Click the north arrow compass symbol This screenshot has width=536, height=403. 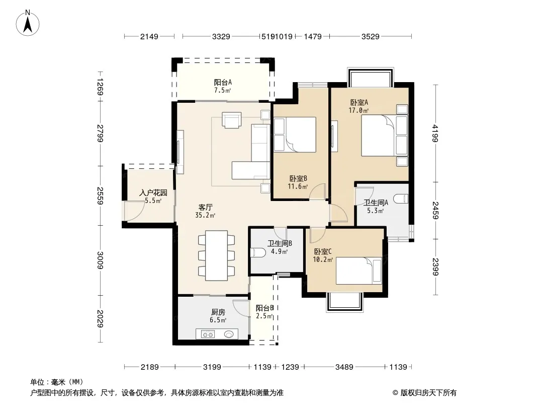tap(28, 23)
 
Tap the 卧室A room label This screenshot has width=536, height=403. tap(359, 102)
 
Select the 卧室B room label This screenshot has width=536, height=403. tap(298, 178)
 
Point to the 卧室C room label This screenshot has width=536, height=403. tap(323, 252)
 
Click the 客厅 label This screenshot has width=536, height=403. tap(206, 207)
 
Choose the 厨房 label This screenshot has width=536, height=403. tap(218, 312)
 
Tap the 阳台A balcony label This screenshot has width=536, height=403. tap(223, 82)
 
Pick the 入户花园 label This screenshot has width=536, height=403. tap(153, 193)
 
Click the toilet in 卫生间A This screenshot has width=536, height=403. tap(401, 198)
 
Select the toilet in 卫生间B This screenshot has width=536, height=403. tap(258, 253)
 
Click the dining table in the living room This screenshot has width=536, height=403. tap(216, 255)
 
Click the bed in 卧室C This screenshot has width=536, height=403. tap(359, 271)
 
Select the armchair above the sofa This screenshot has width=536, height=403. tap(231, 120)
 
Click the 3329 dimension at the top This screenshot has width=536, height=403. tap(221, 36)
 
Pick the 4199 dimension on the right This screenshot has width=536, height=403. tap(435, 133)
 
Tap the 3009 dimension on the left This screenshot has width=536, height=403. tap(100, 260)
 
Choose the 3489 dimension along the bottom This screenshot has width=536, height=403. tap(344, 367)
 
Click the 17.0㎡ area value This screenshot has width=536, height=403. tap(359, 110)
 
